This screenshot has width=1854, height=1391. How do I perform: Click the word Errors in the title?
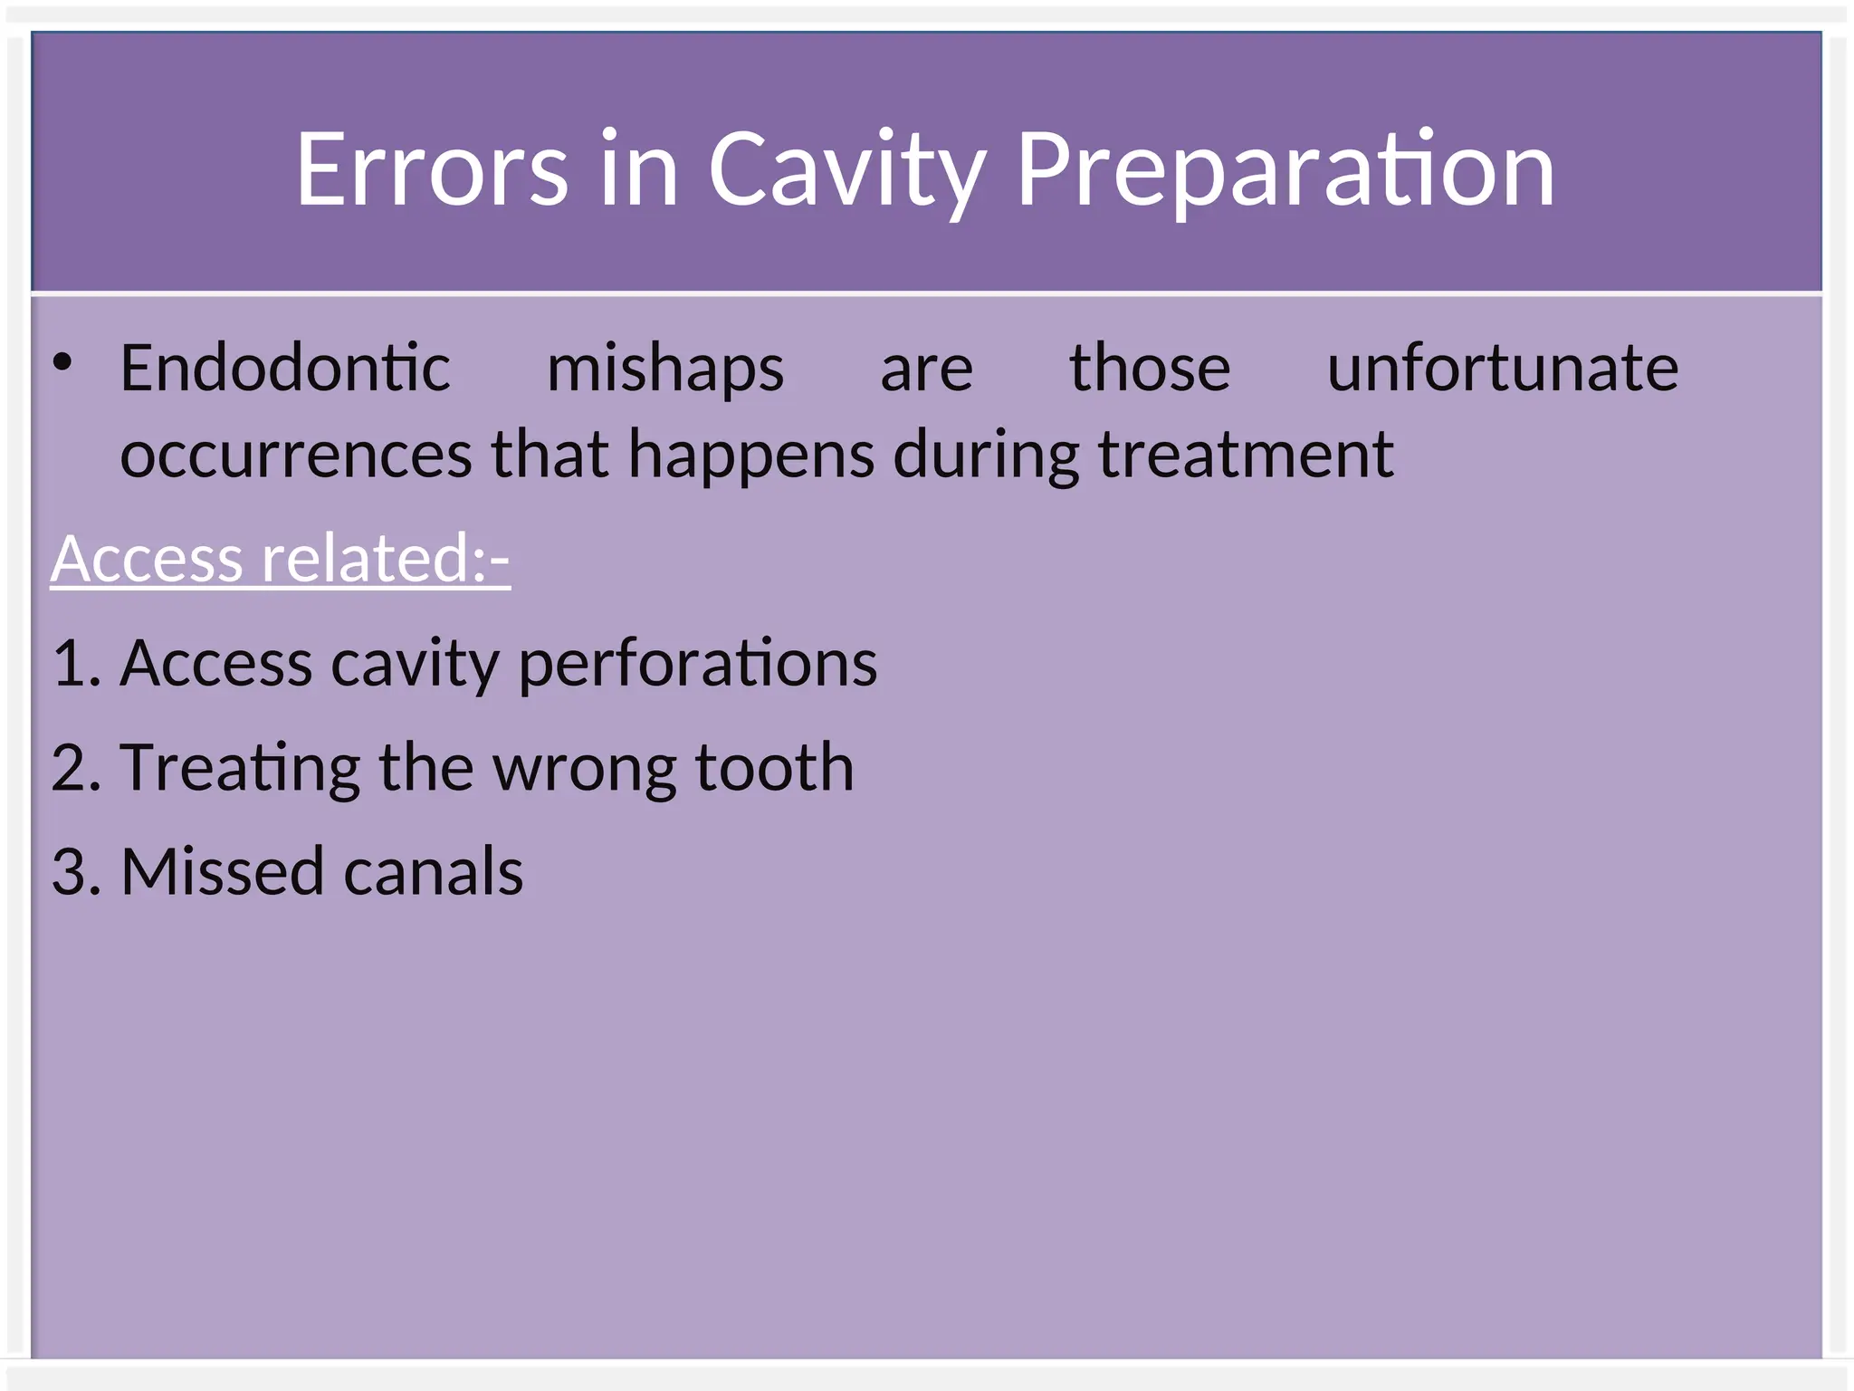(432, 168)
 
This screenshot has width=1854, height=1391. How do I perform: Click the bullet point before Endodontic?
(62, 363)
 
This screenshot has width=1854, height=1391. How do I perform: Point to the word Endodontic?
(285, 369)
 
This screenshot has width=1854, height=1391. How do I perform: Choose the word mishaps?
(665, 370)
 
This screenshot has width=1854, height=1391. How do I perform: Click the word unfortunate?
(1503, 369)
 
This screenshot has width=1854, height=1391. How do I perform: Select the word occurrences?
(296, 455)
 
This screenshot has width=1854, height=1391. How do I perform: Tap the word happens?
(751, 455)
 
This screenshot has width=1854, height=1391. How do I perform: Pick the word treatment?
(1246, 455)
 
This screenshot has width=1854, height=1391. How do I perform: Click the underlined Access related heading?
(281, 559)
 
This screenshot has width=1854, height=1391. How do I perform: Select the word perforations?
(698, 664)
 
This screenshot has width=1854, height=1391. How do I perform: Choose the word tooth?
(774, 768)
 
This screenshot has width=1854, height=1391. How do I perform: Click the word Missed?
(222, 872)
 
